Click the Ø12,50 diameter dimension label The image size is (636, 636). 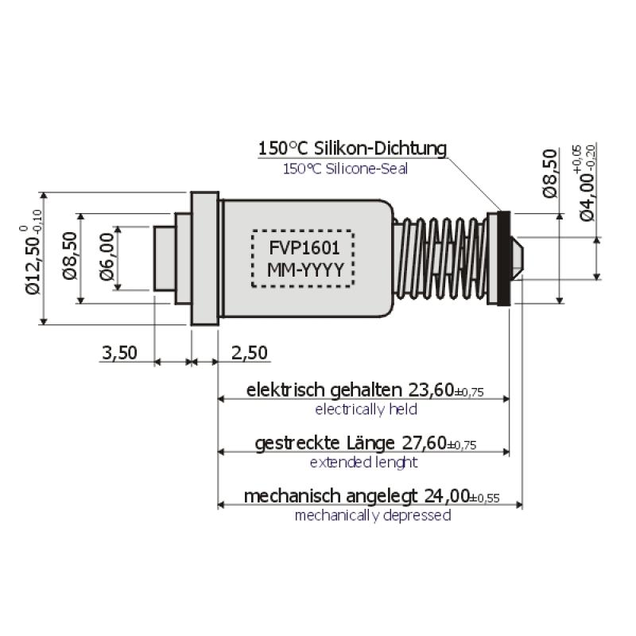(x=32, y=259)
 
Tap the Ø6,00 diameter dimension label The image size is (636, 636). (x=107, y=259)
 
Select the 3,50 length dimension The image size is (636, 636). (x=120, y=352)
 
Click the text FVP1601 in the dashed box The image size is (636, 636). (x=302, y=246)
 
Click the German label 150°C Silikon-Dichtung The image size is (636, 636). (x=352, y=149)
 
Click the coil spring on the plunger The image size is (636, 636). (x=441, y=258)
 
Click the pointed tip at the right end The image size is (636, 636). (x=517, y=258)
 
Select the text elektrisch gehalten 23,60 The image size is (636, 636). (x=366, y=390)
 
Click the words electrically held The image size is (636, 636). (x=366, y=409)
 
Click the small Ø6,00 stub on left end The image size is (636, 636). (x=164, y=258)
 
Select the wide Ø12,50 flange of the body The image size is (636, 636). (x=204, y=258)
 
